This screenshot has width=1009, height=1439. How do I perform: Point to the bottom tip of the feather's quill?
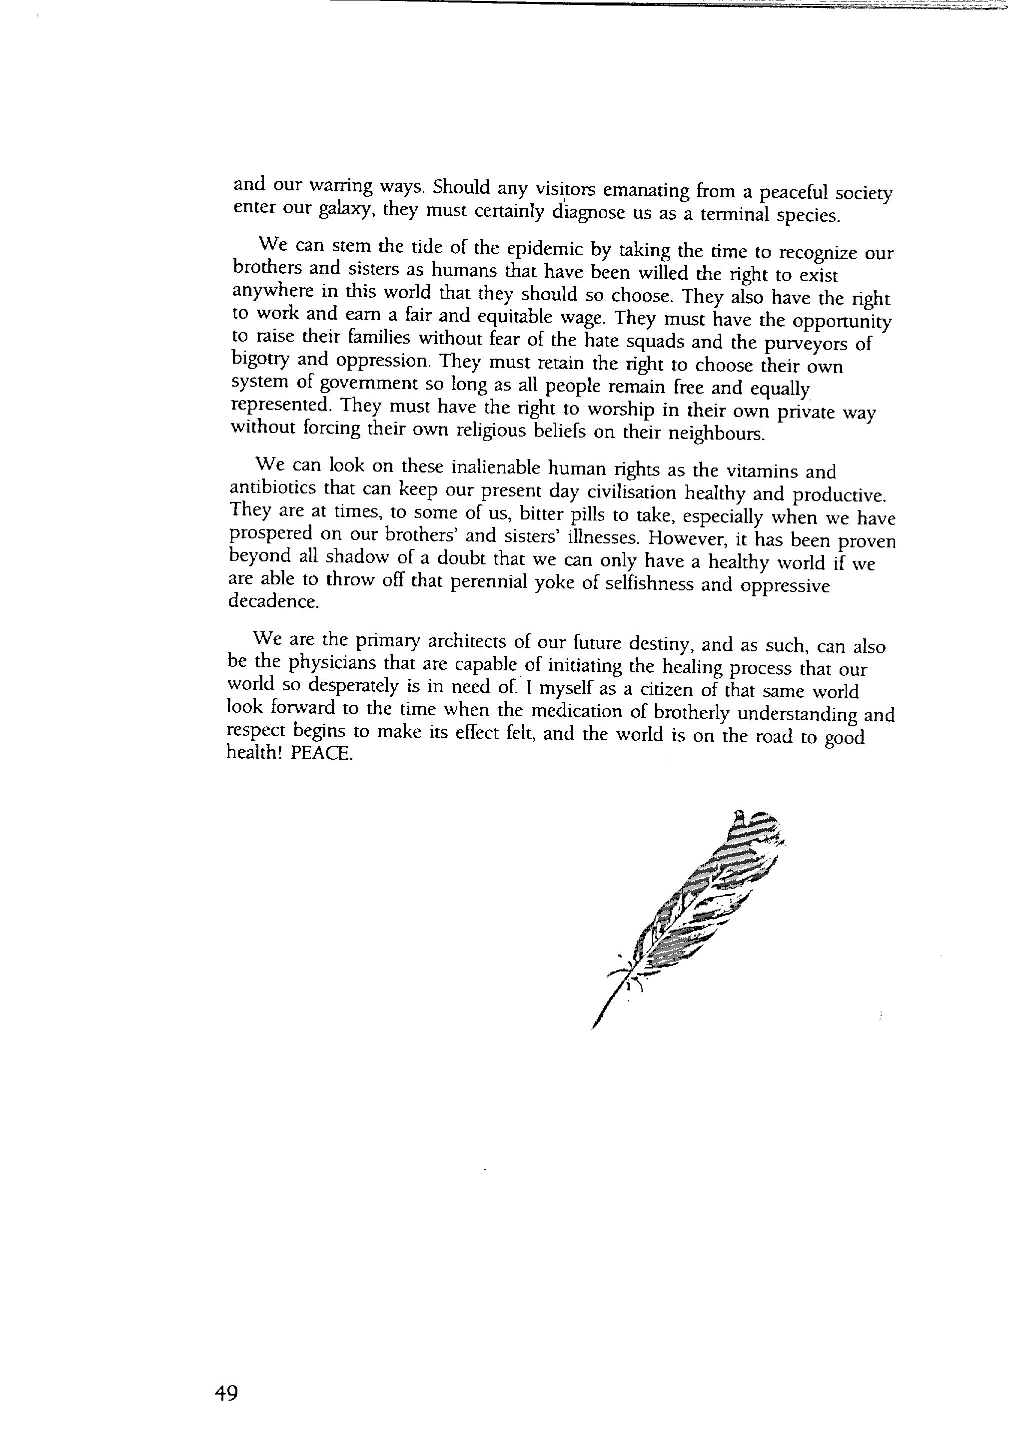coord(593,1028)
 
